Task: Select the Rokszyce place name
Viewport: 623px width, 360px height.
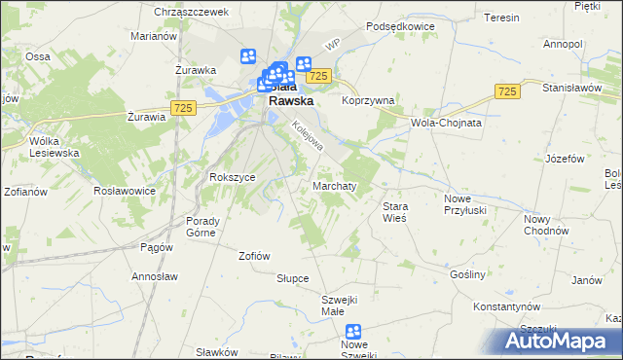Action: click(x=233, y=177)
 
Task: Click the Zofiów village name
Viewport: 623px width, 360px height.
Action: click(x=254, y=256)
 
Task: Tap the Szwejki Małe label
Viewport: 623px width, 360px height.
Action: click(x=341, y=305)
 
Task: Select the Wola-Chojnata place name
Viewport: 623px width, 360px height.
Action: click(x=448, y=124)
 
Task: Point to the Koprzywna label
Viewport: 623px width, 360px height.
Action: click(x=368, y=100)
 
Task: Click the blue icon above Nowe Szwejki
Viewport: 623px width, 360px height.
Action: click(x=353, y=332)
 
